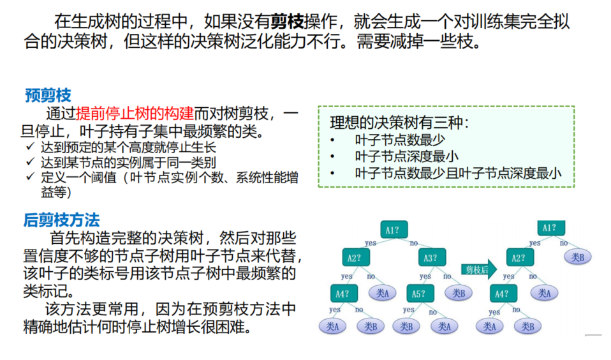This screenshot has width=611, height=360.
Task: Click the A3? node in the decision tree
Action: [x=431, y=259]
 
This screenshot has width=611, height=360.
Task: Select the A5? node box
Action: [x=418, y=294]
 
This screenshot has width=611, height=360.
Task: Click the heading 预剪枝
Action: [x=48, y=96]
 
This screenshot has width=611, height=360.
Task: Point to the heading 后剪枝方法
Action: [x=61, y=221]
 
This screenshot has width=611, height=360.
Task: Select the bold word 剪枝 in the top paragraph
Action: [x=287, y=22]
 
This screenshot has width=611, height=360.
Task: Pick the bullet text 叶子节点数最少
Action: [x=400, y=140]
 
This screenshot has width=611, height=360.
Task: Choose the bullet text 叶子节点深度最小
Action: [x=407, y=156]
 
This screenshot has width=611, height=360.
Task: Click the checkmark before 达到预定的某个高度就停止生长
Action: [x=30, y=147]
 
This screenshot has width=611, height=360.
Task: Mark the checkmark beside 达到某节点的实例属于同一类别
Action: [x=30, y=162]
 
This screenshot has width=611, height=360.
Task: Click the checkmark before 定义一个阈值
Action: [x=30, y=177]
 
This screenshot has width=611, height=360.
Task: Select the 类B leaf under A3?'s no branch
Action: [x=458, y=294]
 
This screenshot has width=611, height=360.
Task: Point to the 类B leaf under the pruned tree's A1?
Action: [x=578, y=257]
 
